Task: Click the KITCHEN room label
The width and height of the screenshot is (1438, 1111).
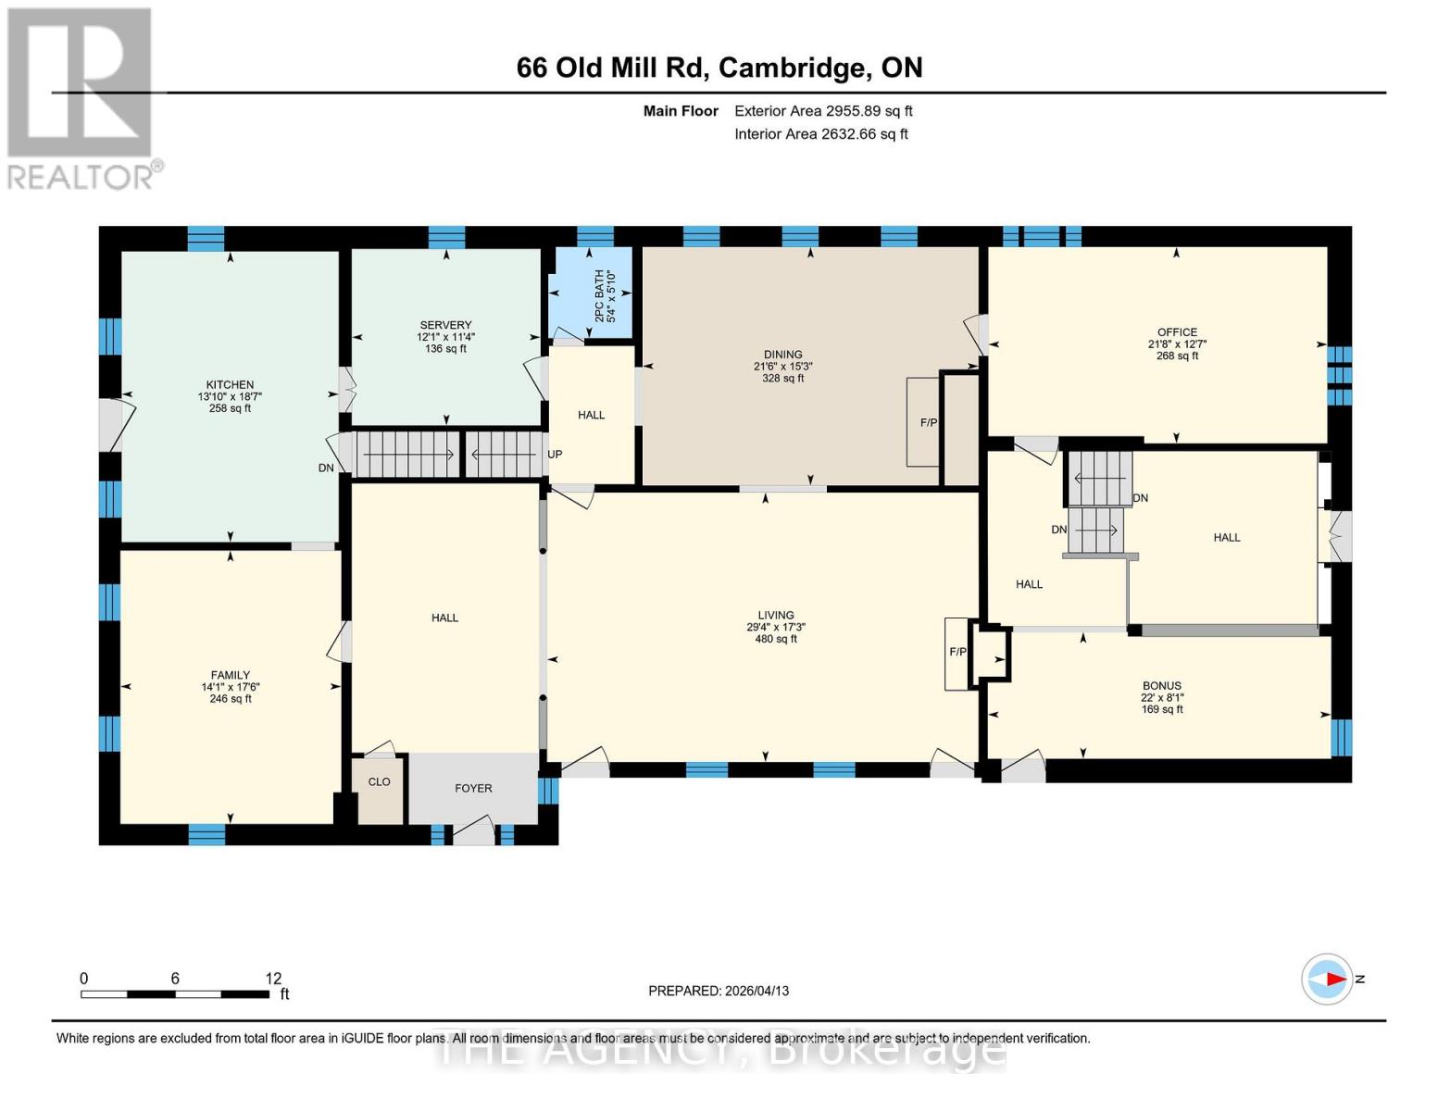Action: pos(230,385)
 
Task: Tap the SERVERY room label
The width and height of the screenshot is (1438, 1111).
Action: pos(445,325)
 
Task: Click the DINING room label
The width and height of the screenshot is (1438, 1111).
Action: pos(782,355)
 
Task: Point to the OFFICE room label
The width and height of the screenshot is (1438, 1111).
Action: pos(1177,332)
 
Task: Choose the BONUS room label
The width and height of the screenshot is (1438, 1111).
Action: pos(1161,686)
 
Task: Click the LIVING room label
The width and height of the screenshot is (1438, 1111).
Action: pos(775,615)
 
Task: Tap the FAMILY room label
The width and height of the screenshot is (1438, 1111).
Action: pos(230,675)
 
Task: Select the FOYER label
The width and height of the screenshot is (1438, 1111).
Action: pos(473,789)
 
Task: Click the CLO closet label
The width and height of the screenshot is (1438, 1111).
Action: pos(379,782)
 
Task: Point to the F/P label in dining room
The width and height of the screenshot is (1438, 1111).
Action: pos(928,423)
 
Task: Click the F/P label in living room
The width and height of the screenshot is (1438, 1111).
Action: pos(957,652)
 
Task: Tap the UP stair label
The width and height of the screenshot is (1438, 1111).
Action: pos(555,455)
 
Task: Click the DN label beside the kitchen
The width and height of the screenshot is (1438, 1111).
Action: pos(326,468)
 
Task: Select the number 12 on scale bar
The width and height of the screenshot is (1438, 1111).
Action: pos(273,979)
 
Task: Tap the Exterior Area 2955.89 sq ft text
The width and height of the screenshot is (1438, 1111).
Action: pos(823,111)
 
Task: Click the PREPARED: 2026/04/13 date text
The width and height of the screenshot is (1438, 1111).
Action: pos(719,991)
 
